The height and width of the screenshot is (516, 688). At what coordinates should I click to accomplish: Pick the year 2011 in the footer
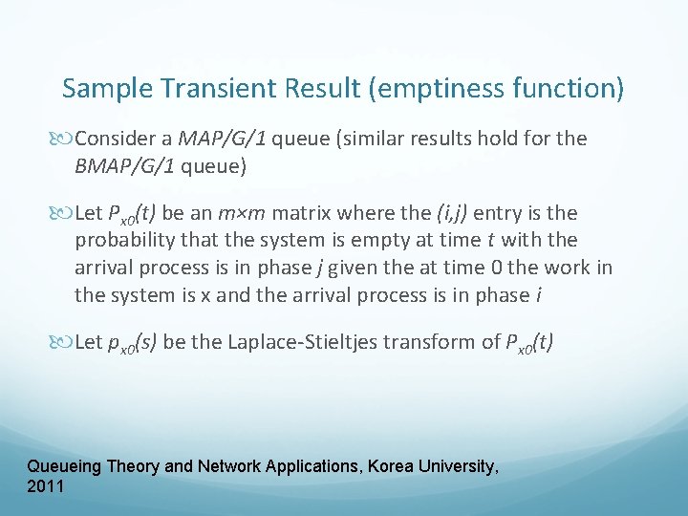click(x=46, y=486)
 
